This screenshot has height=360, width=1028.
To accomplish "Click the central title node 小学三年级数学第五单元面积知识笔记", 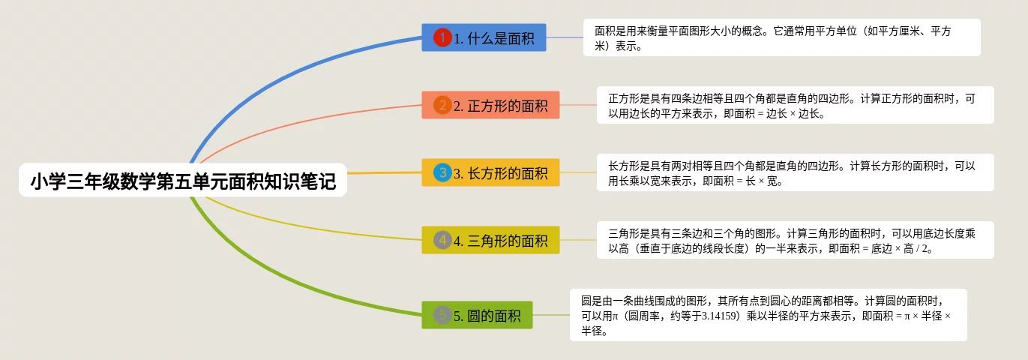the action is coord(183,181).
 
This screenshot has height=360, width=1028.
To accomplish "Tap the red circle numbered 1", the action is coord(442,37).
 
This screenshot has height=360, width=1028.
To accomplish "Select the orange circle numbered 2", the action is coord(442,105).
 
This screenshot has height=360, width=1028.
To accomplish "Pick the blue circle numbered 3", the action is coord(442,172).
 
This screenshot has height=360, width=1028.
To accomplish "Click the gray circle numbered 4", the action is coord(442,240).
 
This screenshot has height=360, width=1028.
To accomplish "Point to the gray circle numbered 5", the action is coord(442,315).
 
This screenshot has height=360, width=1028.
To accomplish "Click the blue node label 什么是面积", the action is coord(501,38).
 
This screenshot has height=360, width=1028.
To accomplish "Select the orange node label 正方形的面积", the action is coord(508,106).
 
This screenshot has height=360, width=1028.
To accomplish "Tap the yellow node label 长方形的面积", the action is coord(508,173).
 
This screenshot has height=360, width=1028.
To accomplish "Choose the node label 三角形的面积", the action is coord(508,241).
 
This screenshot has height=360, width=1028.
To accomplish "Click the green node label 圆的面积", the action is coord(494,316).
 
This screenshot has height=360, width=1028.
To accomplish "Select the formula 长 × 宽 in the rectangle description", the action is coord(762,181).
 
